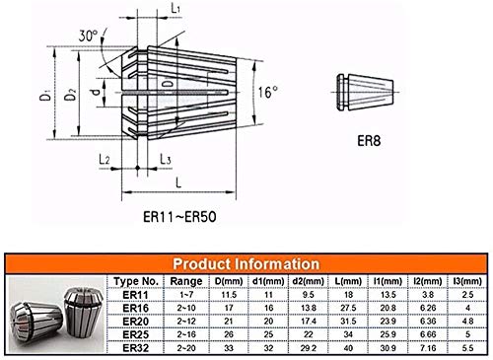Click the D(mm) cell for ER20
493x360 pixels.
click(228, 321)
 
